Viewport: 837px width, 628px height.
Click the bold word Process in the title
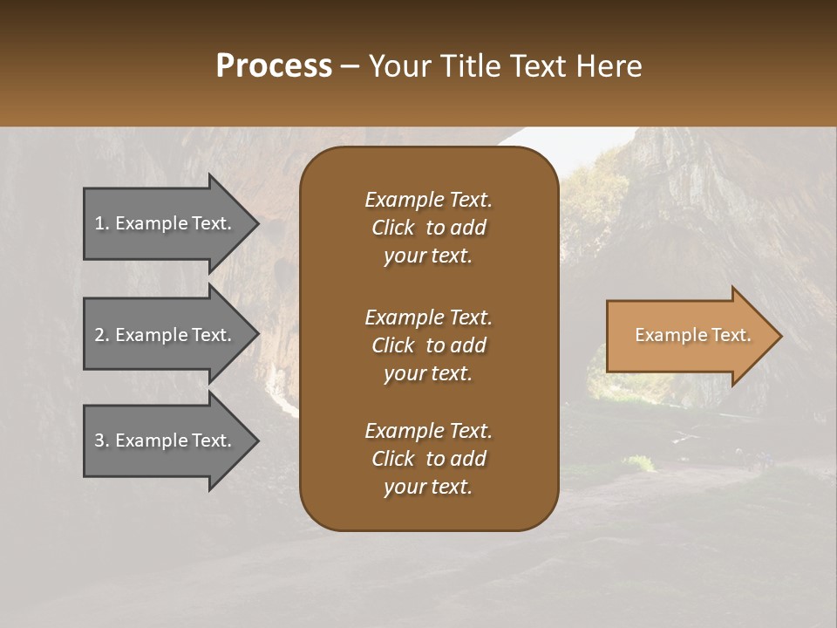[x=274, y=66]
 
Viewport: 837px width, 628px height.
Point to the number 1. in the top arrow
[x=101, y=223]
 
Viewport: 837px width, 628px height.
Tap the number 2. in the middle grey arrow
[x=101, y=335]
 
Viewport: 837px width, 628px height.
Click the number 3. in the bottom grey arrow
[x=101, y=440]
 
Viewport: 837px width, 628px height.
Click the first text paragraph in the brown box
[x=428, y=228]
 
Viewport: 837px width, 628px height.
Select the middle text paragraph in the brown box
[x=428, y=345]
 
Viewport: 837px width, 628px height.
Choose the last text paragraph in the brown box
[x=428, y=459]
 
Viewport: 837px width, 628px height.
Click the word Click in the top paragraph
[x=392, y=228]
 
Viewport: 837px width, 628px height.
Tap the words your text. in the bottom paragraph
[x=428, y=488]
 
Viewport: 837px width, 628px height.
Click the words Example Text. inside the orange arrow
[x=693, y=335]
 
